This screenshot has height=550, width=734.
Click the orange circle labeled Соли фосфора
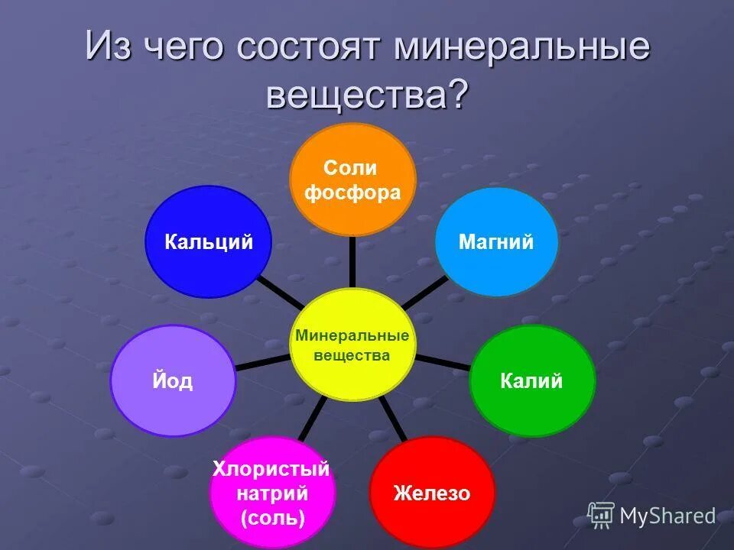[x=352, y=180]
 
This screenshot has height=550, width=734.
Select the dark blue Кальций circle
[x=208, y=241]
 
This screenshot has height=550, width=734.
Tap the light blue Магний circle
[x=496, y=241]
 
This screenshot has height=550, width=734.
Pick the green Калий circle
[x=531, y=380]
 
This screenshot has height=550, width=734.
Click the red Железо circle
[x=432, y=493]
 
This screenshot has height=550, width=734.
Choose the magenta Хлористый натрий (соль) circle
[x=271, y=493]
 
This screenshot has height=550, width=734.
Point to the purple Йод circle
[x=173, y=380]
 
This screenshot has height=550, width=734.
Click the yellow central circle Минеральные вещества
[x=352, y=345]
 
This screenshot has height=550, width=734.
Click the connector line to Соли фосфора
[x=352, y=261]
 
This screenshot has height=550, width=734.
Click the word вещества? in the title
[x=366, y=95]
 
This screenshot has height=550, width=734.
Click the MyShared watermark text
[x=667, y=516]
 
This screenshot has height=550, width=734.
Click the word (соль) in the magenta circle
[x=272, y=519]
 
